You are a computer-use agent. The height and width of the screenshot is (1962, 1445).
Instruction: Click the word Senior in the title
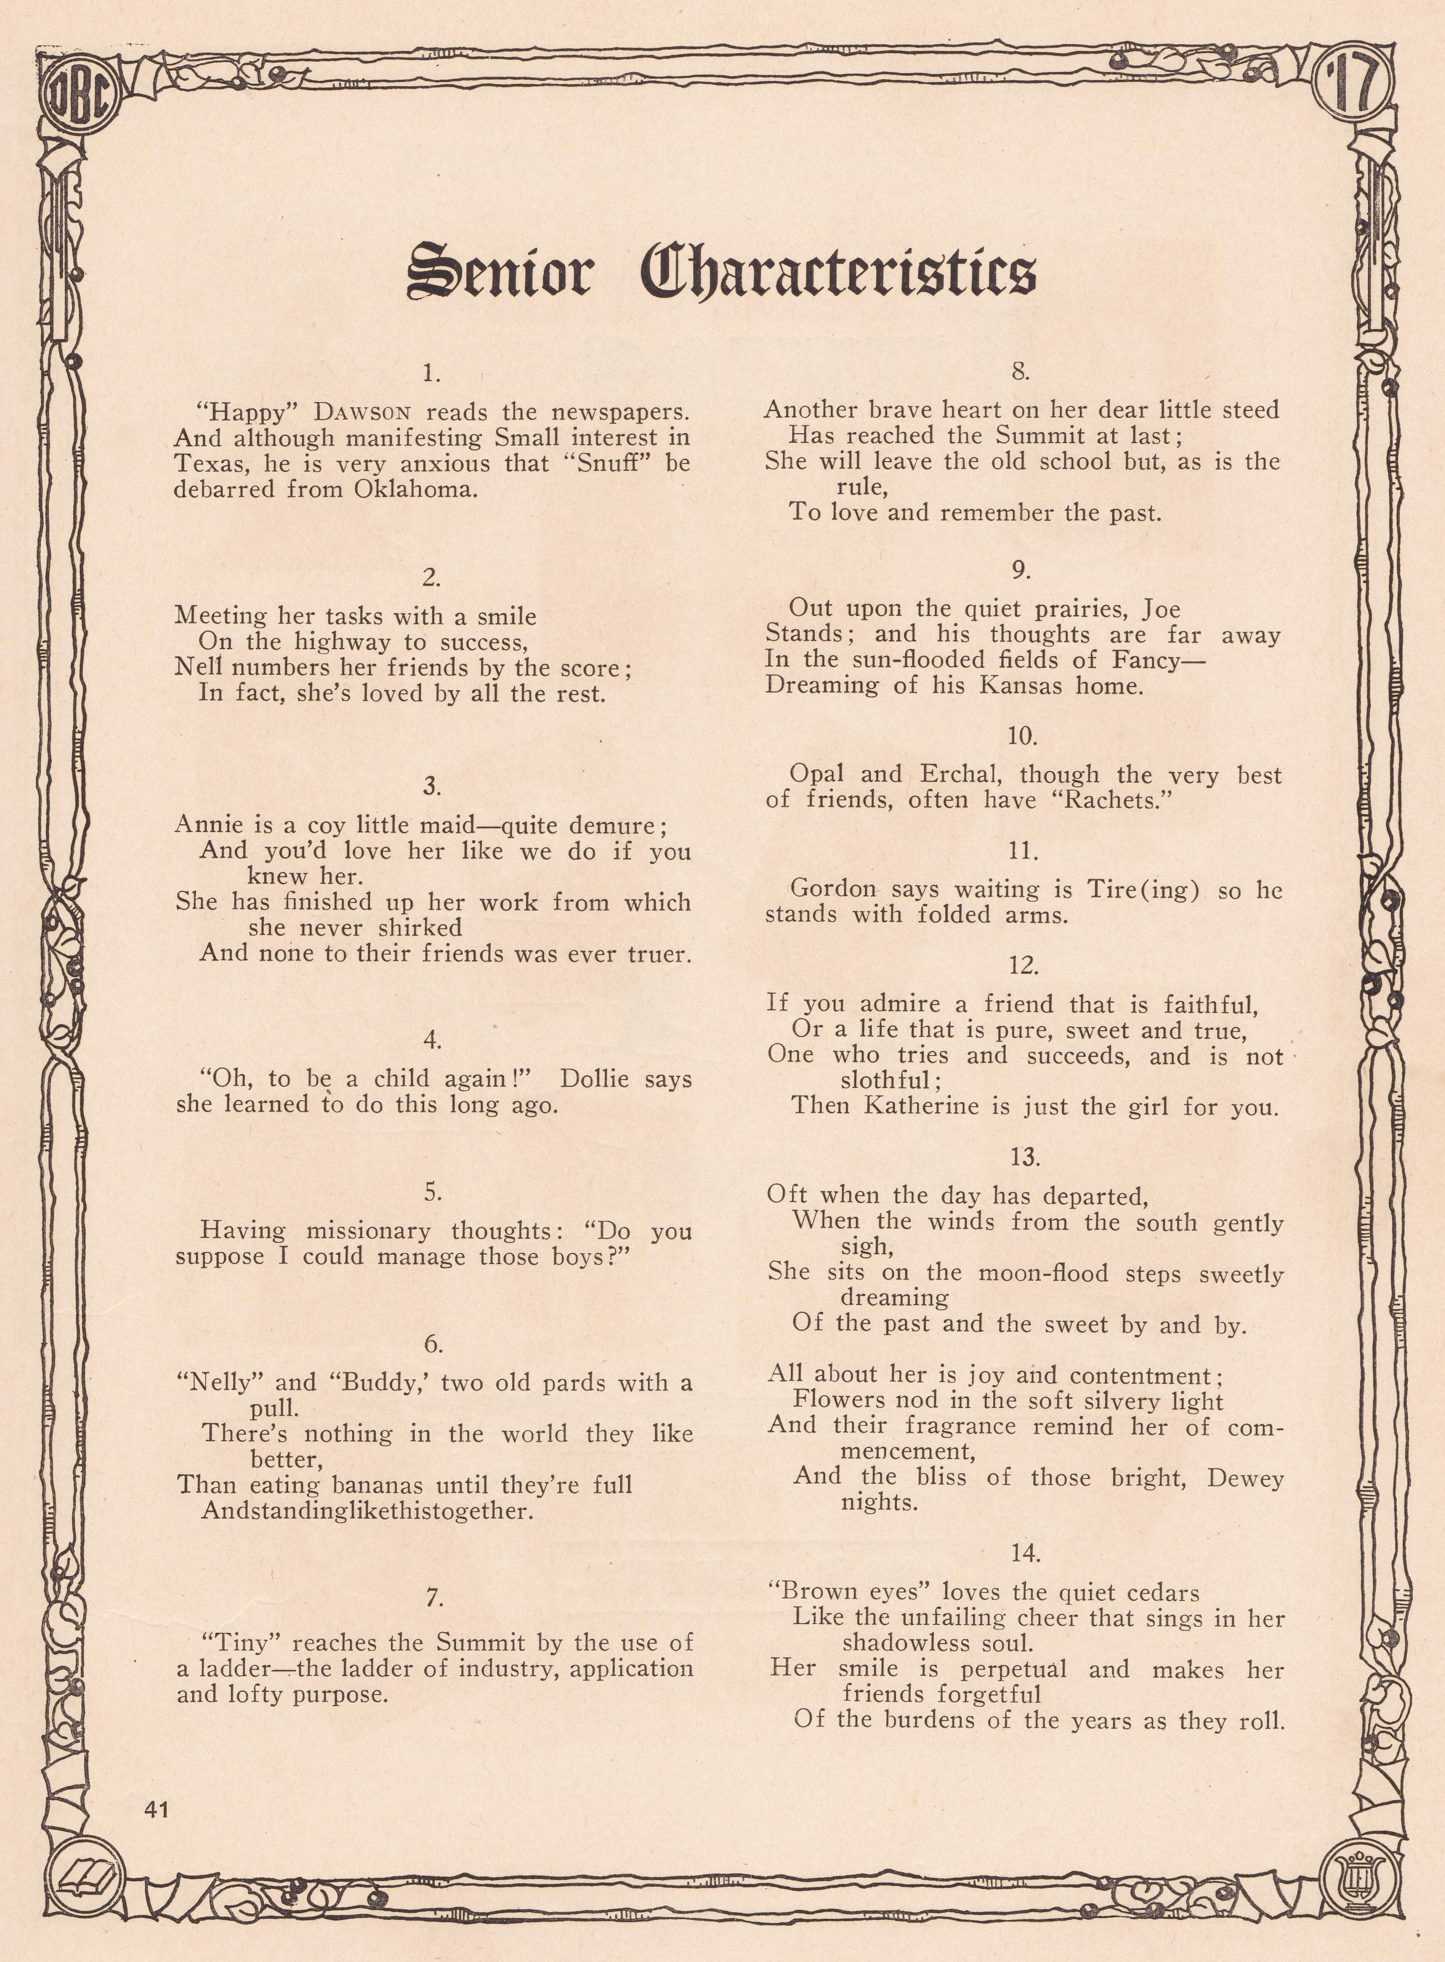click(x=500, y=271)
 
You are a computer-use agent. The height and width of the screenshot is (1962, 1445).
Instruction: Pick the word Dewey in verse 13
click(x=1246, y=1478)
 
